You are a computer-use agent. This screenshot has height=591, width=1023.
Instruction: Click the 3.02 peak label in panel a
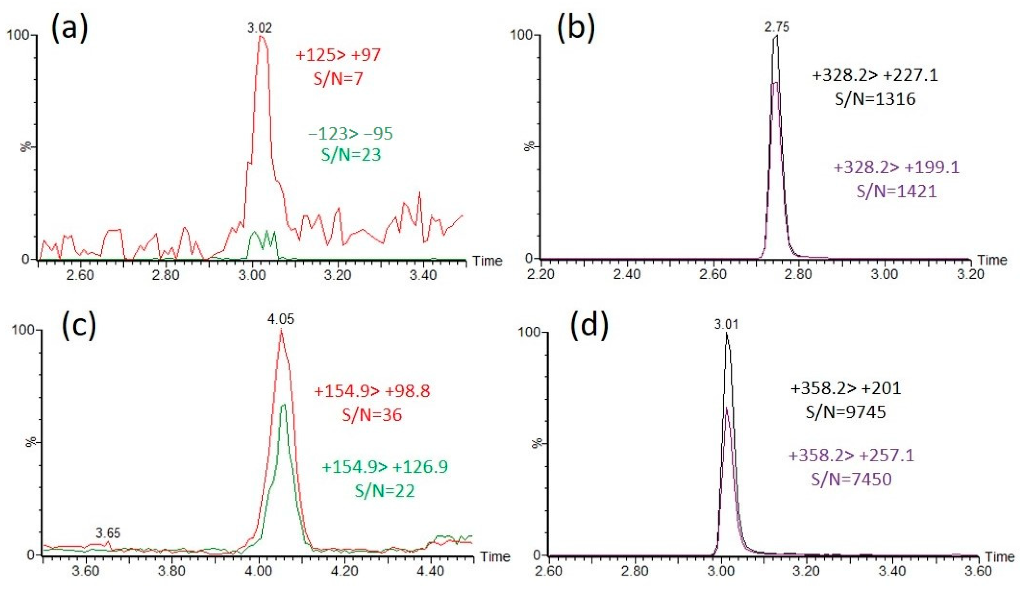pos(260,28)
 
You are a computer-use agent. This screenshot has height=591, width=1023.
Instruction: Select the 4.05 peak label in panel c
pos(281,319)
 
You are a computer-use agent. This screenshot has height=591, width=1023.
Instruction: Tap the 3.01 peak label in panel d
pos(727,325)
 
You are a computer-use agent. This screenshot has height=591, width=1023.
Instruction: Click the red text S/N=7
pos(338,78)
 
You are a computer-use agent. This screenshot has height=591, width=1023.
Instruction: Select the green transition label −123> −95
pos(351,133)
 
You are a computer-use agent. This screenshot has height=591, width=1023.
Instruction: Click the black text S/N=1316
pos(875,99)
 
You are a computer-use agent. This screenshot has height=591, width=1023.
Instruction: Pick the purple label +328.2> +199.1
pos(896,167)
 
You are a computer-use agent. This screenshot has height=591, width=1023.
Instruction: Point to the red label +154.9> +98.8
pos(372,391)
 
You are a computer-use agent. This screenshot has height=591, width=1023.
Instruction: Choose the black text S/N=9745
pos(846,412)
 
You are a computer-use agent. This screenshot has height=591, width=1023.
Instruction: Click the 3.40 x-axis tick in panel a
pos(423,275)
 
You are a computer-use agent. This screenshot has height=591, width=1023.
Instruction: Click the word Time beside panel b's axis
pos(992,260)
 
